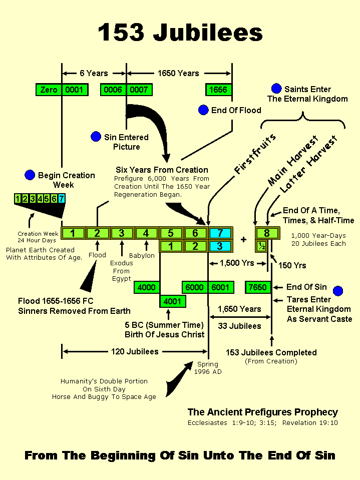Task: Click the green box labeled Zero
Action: coord(49,90)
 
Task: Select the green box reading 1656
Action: coord(219,90)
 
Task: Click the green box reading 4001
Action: coord(172,301)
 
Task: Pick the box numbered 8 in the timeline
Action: coord(267,233)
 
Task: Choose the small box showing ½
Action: coord(261,246)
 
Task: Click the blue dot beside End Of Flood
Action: coord(203,110)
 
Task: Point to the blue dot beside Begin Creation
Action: coord(30,175)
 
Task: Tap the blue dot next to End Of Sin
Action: coord(338,291)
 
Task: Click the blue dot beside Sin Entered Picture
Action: coord(96,137)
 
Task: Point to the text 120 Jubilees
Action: coord(134,352)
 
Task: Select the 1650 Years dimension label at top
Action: coord(178,73)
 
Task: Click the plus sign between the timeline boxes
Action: coord(244,239)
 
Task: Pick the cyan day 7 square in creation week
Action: coord(62,199)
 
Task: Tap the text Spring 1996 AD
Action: coord(208,368)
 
